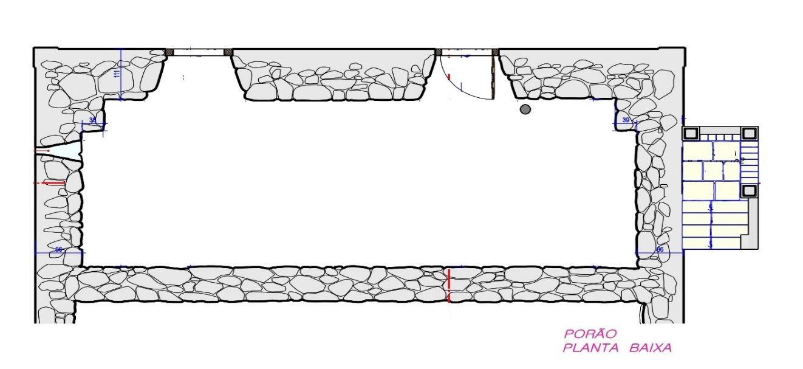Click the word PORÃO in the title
(x=581, y=334)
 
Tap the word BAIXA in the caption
(x=651, y=348)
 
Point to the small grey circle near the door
(x=525, y=109)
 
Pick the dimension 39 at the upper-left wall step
(x=92, y=120)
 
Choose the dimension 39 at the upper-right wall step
(x=626, y=120)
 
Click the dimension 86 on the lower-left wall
(x=58, y=250)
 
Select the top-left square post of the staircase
(x=691, y=133)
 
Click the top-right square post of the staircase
(x=750, y=133)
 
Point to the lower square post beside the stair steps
(x=750, y=190)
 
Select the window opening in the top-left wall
(x=199, y=52)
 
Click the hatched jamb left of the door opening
(x=438, y=52)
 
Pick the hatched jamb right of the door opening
(x=496, y=52)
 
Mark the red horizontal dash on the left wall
(x=52, y=182)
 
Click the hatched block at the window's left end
(x=170, y=52)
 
